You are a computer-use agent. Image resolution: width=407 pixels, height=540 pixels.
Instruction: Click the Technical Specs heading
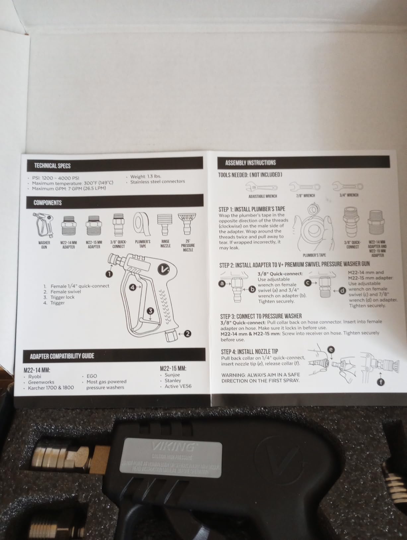pyautogui.click(x=52, y=166)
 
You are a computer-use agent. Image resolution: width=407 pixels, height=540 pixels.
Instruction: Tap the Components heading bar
pyautogui.click(x=47, y=203)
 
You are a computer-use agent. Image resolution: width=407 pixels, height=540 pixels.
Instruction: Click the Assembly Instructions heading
pyautogui.click(x=250, y=163)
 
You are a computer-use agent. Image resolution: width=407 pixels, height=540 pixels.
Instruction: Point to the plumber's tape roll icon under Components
pyautogui.click(x=142, y=224)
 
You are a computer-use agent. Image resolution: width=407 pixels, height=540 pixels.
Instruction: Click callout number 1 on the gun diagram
pyautogui.click(x=109, y=274)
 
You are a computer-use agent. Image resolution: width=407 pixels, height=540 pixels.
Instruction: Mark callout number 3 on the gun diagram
pyautogui.click(x=151, y=311)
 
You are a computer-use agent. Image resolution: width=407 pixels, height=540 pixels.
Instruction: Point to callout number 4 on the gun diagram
pyautogui.click(x=133, y=287)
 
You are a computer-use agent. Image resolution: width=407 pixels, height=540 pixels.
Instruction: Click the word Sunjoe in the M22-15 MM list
pyautogui.click(x=172, y=375)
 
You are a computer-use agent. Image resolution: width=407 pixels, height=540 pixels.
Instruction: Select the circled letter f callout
pyautogui.click(x=381, y=383)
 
